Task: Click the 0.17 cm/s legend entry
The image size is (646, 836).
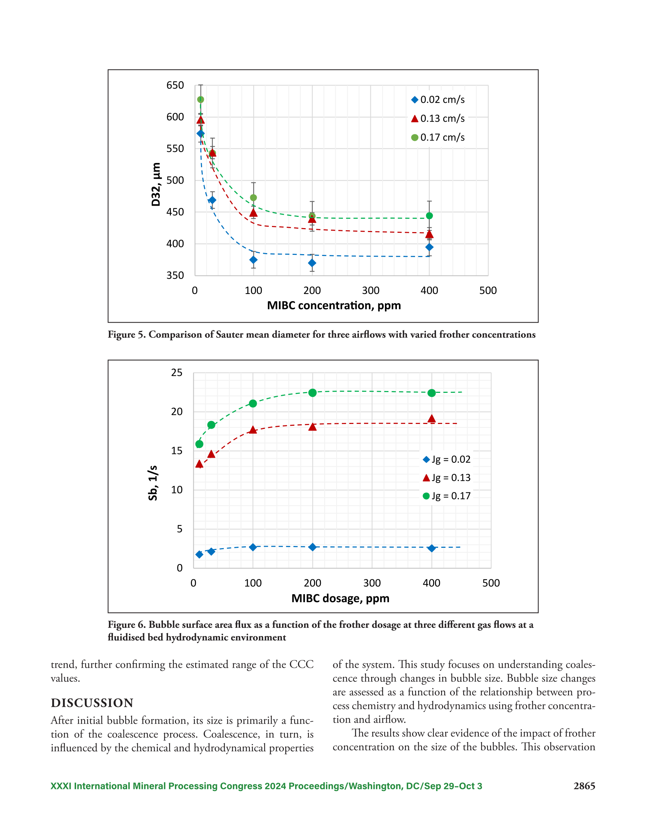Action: coord(438,138)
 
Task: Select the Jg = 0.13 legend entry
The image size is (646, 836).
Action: coord(446,478)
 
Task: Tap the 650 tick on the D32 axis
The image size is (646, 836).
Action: coord(175,85)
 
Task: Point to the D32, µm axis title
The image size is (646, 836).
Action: coord(156,185)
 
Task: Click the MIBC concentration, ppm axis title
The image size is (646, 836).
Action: coord(334,306)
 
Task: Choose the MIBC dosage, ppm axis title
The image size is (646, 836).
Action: coord(340,598)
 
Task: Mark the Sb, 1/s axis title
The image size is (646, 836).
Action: coord(153,483)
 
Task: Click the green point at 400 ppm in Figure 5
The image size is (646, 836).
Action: coord(429,216)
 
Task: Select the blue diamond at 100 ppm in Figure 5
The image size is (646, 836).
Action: coord(253,260)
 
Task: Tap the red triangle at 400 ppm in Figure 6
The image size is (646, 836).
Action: coord(432,419)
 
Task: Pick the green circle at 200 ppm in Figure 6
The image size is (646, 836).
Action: coord(312,393)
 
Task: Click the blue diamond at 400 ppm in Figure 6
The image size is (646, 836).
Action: coord(432,548)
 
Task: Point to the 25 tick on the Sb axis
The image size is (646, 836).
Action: coord(177,373)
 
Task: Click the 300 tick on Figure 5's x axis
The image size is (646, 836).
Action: coord(371,290)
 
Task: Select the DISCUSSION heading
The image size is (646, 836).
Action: coord(92,703)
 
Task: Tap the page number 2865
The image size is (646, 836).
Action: coord(584,786)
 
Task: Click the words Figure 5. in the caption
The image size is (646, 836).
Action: coord(127,335)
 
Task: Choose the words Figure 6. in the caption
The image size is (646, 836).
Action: coord(127,625)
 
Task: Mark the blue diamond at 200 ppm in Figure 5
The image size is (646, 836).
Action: coord(312,263)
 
